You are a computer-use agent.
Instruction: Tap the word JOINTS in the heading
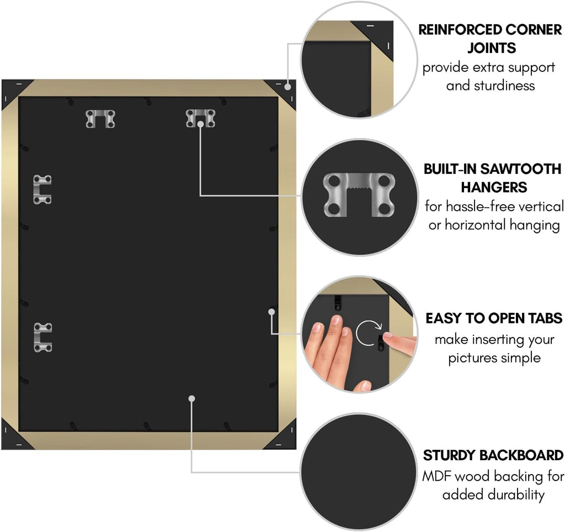(x=492, y=48)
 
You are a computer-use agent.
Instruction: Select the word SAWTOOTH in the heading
(x=521, y=169)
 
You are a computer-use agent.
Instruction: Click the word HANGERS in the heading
(x=494, y=188)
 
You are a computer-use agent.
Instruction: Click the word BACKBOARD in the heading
(x=521, y=456)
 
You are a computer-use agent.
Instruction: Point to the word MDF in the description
(x=436, y=476)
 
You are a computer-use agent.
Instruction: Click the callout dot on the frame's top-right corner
(x=287, y=87)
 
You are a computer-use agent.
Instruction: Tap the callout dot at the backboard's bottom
(x=191, y=398)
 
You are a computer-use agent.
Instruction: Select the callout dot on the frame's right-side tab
(x=271, y=312)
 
